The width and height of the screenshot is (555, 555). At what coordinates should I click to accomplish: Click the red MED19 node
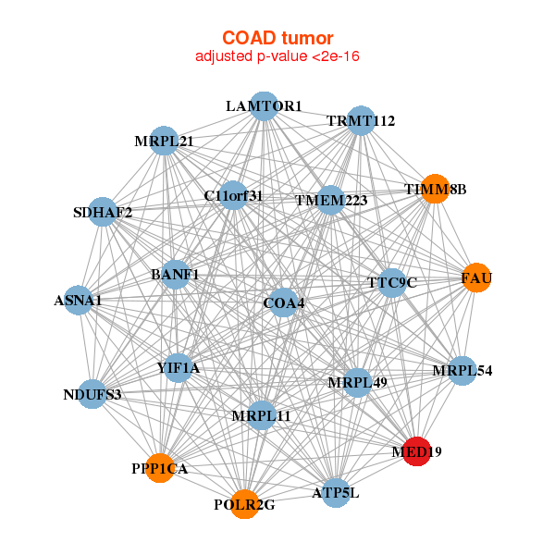tap(417, 451)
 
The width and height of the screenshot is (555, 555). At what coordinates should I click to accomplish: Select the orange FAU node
tap(476, 277)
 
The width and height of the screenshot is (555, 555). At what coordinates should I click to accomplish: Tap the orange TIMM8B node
tap(435, 189)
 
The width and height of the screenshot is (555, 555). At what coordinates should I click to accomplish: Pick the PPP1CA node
tap(160, 468)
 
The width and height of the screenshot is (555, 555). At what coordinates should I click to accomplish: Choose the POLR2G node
tap(244, 504)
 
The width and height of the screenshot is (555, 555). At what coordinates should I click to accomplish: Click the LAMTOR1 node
tap(264, 106)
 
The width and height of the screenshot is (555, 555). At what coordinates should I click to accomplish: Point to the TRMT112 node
tap(361, 120)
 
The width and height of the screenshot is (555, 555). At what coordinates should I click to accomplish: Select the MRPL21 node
tap(164, 141)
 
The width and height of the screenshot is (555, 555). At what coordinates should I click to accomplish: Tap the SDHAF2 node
tap(103, 212)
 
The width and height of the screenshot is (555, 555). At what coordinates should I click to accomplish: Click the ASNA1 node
tap(79, 300)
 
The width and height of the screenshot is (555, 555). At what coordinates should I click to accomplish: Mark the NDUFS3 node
tap(92, 394)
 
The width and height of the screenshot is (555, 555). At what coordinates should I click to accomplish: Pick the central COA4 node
tap(284, 302)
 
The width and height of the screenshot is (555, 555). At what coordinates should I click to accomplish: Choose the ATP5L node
tap(336, 492)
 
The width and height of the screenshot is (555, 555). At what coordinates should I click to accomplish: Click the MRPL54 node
tap(462, 371)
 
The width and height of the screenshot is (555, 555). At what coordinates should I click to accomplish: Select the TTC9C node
tap(392, 282)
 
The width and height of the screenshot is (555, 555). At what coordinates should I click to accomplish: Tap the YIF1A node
tap(178, 368)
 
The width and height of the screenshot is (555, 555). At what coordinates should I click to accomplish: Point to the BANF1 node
tap(175, 275)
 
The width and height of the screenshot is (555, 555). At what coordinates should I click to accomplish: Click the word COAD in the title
tap(249, 38)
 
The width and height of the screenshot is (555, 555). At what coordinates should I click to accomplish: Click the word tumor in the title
tap(308, 38)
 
